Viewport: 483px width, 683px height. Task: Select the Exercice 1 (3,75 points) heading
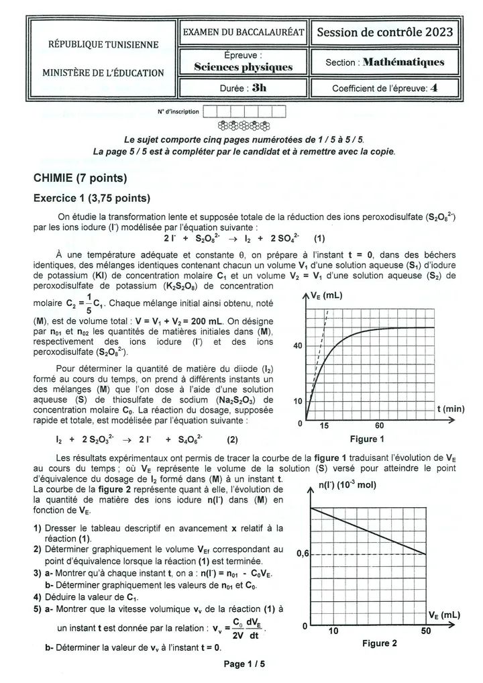point(91,199)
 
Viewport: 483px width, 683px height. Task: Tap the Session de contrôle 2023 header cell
point(384,32)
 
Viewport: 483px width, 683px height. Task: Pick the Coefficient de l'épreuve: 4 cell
point(384,88)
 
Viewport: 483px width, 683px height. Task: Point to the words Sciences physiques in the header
point(243,67)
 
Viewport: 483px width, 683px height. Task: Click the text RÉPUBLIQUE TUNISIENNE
point(103,45)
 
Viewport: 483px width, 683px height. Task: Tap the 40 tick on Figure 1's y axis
point(298,346)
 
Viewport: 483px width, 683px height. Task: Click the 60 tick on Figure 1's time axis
point(379,425)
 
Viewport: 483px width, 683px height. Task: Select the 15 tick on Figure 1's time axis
point(324,425)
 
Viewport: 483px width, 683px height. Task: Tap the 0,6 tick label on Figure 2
point(303,554)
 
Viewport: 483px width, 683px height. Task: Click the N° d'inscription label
point(178,111)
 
